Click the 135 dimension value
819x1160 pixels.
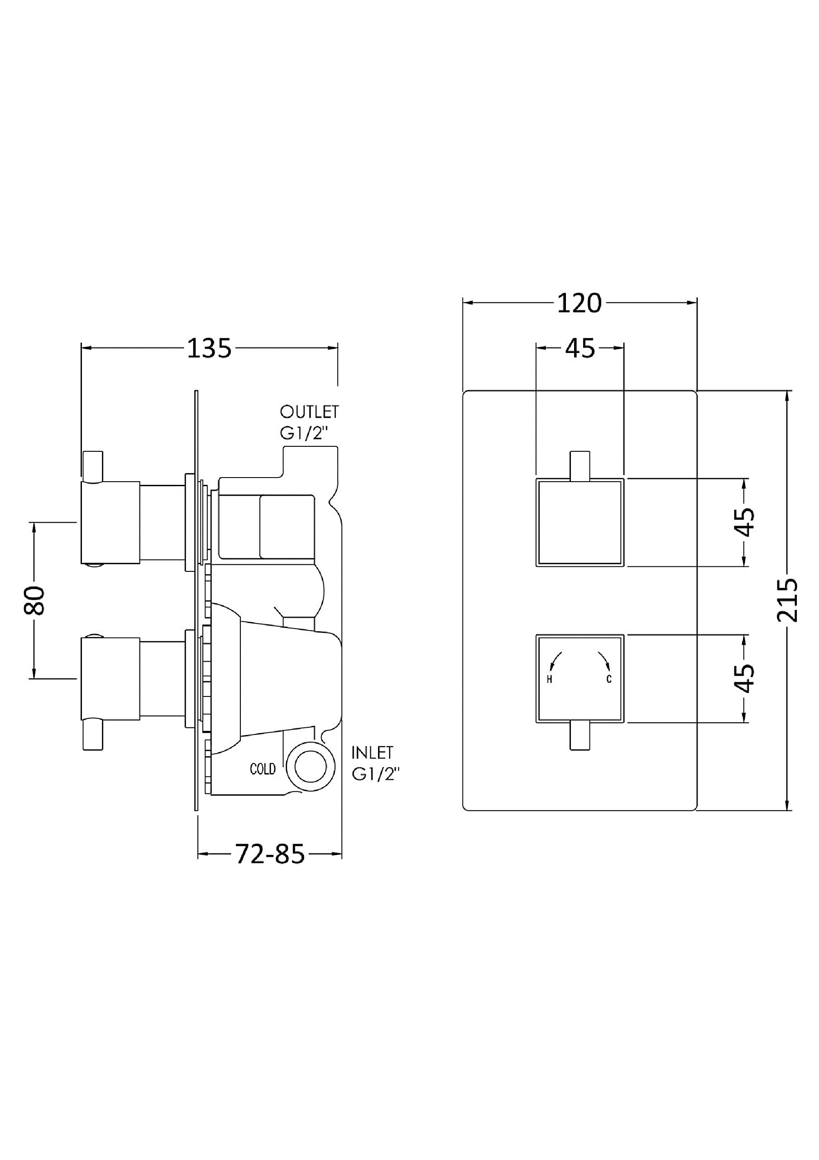(x=209, y=348)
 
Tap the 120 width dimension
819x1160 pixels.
(x=579, y=304)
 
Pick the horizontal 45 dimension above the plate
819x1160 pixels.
(x=580, y=348)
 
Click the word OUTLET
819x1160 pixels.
(x=309, y=412)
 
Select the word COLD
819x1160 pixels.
(x=263, y=769)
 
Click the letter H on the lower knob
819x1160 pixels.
(x=549, y=680)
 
